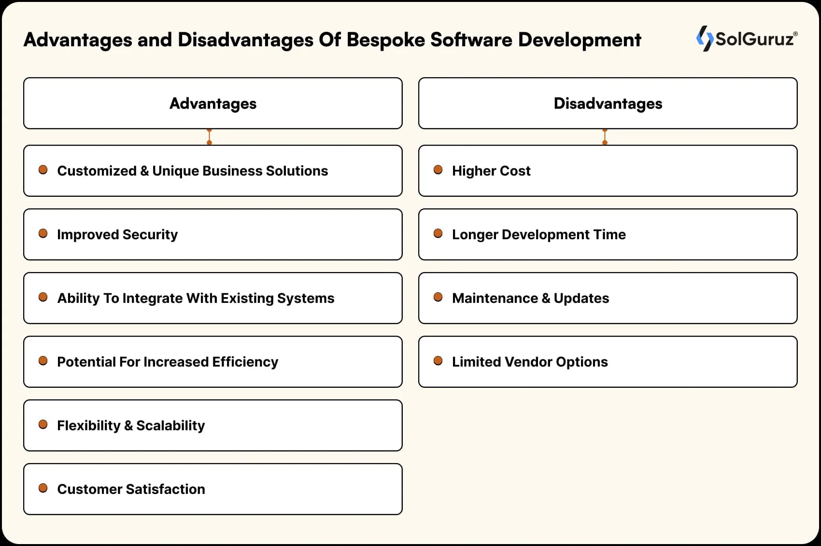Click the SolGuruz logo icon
(704, 39)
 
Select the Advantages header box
(212, 103)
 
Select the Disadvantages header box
(608, 103)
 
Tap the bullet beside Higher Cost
(438, 170)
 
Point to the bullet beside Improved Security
(43, 233)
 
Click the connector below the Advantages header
(209, 137)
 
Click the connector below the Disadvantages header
(605, 137)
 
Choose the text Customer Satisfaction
(131, 489)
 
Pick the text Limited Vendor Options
(530, 362)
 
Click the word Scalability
(170, 425)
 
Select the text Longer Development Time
(538, 234)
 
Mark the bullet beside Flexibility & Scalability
(43, 424)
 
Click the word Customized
(97, 171)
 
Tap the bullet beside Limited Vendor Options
(438, 361)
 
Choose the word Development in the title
(580, 40)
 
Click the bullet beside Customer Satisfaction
(43, 488)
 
